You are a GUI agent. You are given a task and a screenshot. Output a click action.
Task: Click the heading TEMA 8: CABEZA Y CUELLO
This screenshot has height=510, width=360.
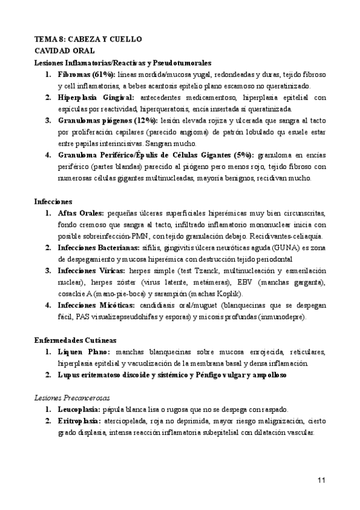(88, 39)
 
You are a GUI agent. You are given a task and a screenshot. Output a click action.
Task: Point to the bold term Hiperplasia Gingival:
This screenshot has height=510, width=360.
(96, 97)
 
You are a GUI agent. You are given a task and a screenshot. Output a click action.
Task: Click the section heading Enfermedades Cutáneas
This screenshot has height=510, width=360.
(75, 339)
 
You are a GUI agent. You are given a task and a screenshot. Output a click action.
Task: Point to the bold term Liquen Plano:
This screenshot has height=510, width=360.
(83, 351)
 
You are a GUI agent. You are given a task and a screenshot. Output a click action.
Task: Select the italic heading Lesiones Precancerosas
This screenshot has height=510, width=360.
(71, 397)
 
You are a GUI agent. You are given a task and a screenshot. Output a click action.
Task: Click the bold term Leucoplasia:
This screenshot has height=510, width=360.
(79, 408)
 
